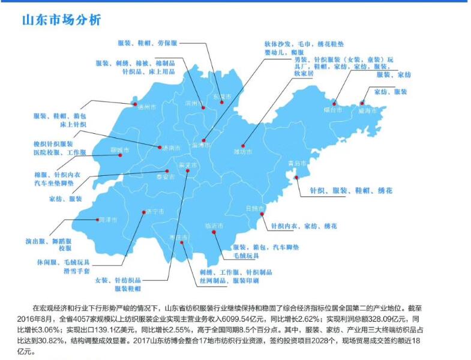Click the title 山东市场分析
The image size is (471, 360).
[61, 20]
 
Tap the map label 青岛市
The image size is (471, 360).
[298, 163]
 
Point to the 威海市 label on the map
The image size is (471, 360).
[368, 111]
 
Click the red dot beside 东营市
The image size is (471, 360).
[222, 103]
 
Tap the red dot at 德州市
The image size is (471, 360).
[134, 103]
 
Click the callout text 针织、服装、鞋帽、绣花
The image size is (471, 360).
[350, 190]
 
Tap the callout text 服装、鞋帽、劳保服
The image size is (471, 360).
[147, 43]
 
